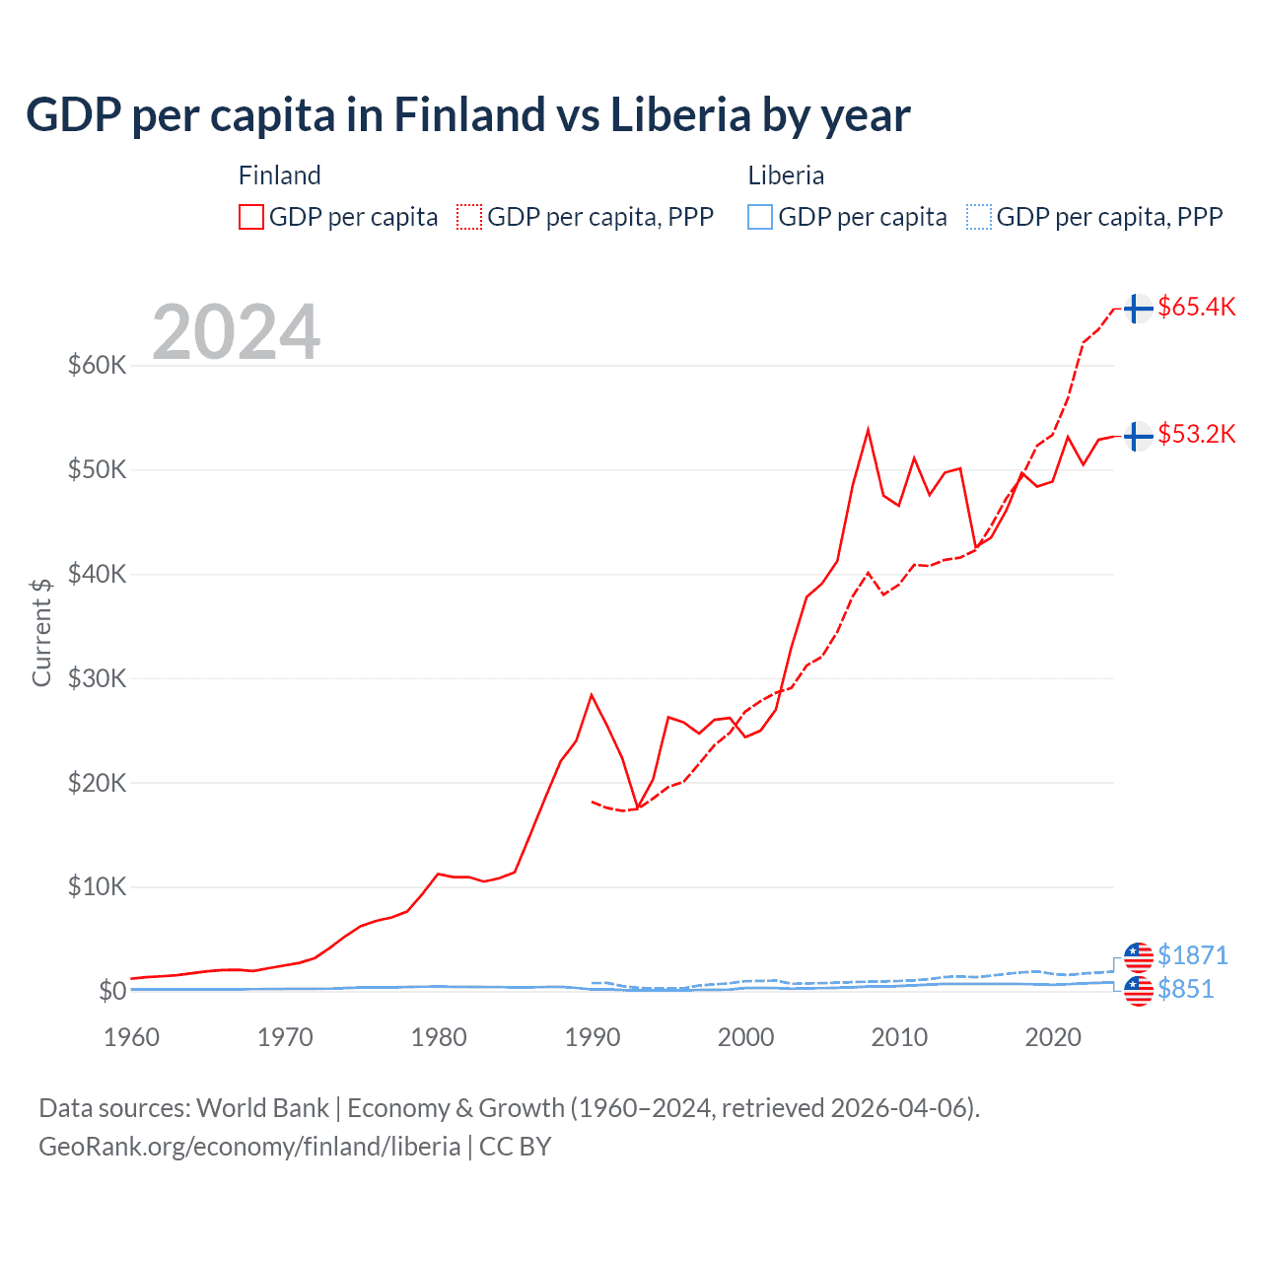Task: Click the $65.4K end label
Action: pos(1196,307)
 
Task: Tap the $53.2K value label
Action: pos(1196,434)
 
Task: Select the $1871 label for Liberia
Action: pos(1192,955)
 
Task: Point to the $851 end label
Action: pos(1185,989)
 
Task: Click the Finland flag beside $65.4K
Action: pos(1138,309)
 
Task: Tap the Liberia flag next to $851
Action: pos(1138,992)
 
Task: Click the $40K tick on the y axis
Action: pos(97,574)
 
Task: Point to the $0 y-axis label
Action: pos(111,991)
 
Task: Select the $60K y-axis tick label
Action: pos(97,365)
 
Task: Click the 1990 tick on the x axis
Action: pos(593,1037)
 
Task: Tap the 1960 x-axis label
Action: pos(131,1037)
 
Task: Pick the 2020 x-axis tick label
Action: pos(1053,1037)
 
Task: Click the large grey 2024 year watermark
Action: pos(237,332)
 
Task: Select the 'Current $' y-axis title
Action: pos(41,632)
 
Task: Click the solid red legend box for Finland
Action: pos(251,217)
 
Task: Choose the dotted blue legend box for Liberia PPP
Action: pos(979,217)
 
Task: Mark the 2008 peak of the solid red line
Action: pos(868,430)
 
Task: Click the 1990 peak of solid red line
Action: pos(592,695)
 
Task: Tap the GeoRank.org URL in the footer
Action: pos(249,1147)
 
